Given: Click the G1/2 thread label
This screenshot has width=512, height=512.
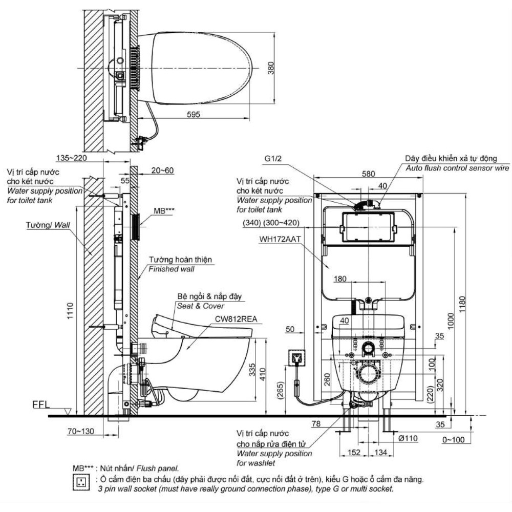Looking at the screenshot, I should click(x=274, y=159).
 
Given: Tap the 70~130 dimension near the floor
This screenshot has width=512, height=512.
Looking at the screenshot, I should click(x=81, y=432).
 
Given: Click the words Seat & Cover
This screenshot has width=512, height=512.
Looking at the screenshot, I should click(x=201, y=306).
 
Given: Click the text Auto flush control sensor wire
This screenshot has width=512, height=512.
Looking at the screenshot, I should click(x=458, y=168).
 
